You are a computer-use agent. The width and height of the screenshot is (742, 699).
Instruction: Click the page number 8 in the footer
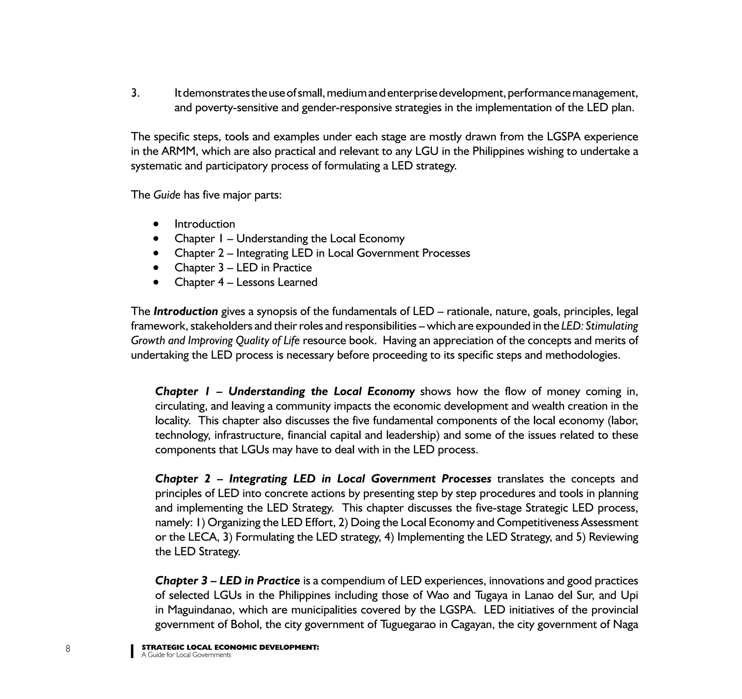(x=67, y=649)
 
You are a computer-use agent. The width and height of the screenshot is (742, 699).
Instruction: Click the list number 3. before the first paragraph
(x=135, y=93)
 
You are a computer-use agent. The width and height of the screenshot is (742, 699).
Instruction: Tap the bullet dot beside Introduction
(x=156, y=224)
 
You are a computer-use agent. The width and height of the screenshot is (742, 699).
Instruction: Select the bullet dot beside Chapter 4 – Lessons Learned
(x=156, y=282)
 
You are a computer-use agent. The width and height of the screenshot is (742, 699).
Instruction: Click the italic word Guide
(x=167, y=195)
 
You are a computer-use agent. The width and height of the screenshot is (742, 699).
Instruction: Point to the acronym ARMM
(x=176, y=151)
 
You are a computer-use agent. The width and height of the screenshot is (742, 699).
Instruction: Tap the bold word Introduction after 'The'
(x=185, y=311)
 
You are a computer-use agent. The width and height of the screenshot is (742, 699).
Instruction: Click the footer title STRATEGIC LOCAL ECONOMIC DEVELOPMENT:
(x=230, y=647)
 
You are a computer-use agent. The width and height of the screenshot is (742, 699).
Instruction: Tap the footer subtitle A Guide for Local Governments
(x=186, y=655)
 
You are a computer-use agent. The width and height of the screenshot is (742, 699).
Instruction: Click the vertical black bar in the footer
(x=132, y=651)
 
